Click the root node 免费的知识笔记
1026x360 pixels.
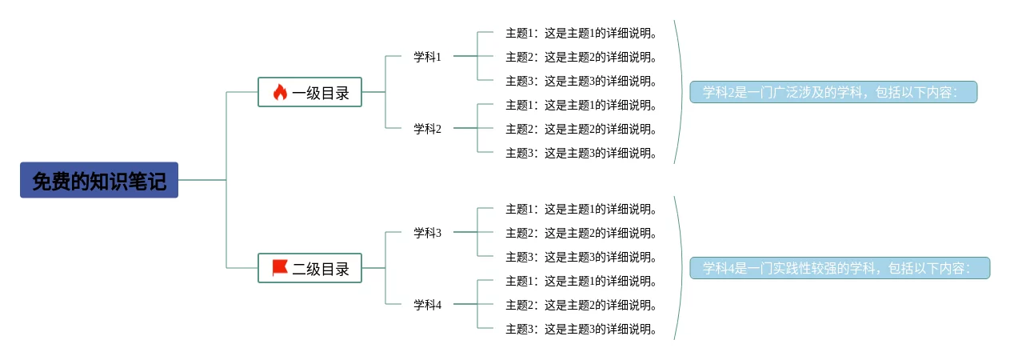click(x=99, y=181)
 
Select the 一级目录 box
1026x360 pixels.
click(x=310, y=93)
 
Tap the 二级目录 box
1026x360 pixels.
click(x=310, y=269)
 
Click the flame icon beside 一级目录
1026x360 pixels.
click(x=280, y=93)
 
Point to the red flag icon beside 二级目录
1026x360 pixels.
click(x=280, y=268)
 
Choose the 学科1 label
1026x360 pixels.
click(x=427, y=57)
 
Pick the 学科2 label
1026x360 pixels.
click(x=427, y=129)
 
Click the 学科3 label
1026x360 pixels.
click(x=427, y=233)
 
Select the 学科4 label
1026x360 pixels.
click(x=427, y=305)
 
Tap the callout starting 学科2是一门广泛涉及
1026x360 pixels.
click(x=833, y=93)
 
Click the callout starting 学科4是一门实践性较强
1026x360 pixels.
click(x=840, y=269)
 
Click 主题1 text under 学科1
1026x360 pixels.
click(x=581, y=33)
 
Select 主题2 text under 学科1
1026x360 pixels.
click(x=581, y=57)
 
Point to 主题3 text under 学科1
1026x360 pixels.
click(x=581, y=81)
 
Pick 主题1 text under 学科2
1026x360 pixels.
click(x=581, y=105)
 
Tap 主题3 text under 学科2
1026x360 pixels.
click(x=581, y=153)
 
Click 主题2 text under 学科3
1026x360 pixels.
click(x=581, y=233)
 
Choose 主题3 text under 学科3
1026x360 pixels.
click(x=581, y=257)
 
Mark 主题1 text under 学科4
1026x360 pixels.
click(x=581, y=281)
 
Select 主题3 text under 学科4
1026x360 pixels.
click(x=581, y=329)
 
